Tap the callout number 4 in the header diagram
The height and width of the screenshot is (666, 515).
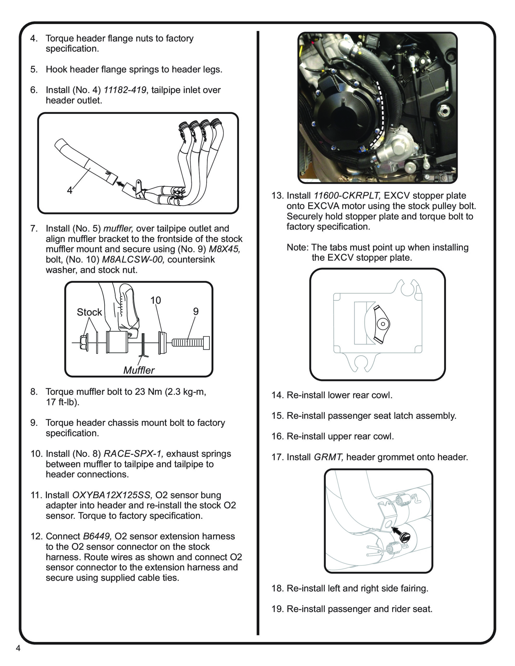click(x=70, y=190)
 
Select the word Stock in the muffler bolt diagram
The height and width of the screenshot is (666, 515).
click(x=89, y=312)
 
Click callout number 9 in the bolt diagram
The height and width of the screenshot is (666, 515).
click(x=196, y=311)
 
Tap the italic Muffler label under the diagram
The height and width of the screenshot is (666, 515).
click(x=139, y=370)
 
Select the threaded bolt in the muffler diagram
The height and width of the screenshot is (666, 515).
click(x=191, y=343)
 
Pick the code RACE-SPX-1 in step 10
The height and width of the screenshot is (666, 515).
click(x=133, y=454)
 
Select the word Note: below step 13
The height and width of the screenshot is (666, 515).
click(x=298, y=247)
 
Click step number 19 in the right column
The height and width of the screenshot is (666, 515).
click(x=277, y=609)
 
